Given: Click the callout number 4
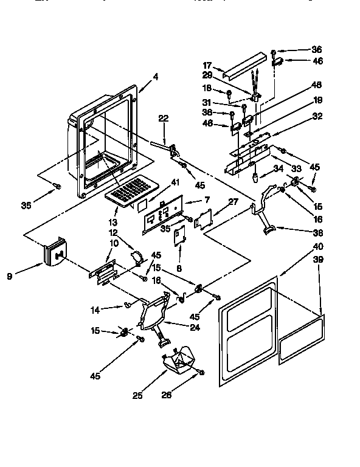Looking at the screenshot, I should [156, 77].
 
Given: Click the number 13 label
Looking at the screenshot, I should [113, 204].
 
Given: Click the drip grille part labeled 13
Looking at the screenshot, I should [129, 189].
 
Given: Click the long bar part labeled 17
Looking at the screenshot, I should [246, 64].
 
